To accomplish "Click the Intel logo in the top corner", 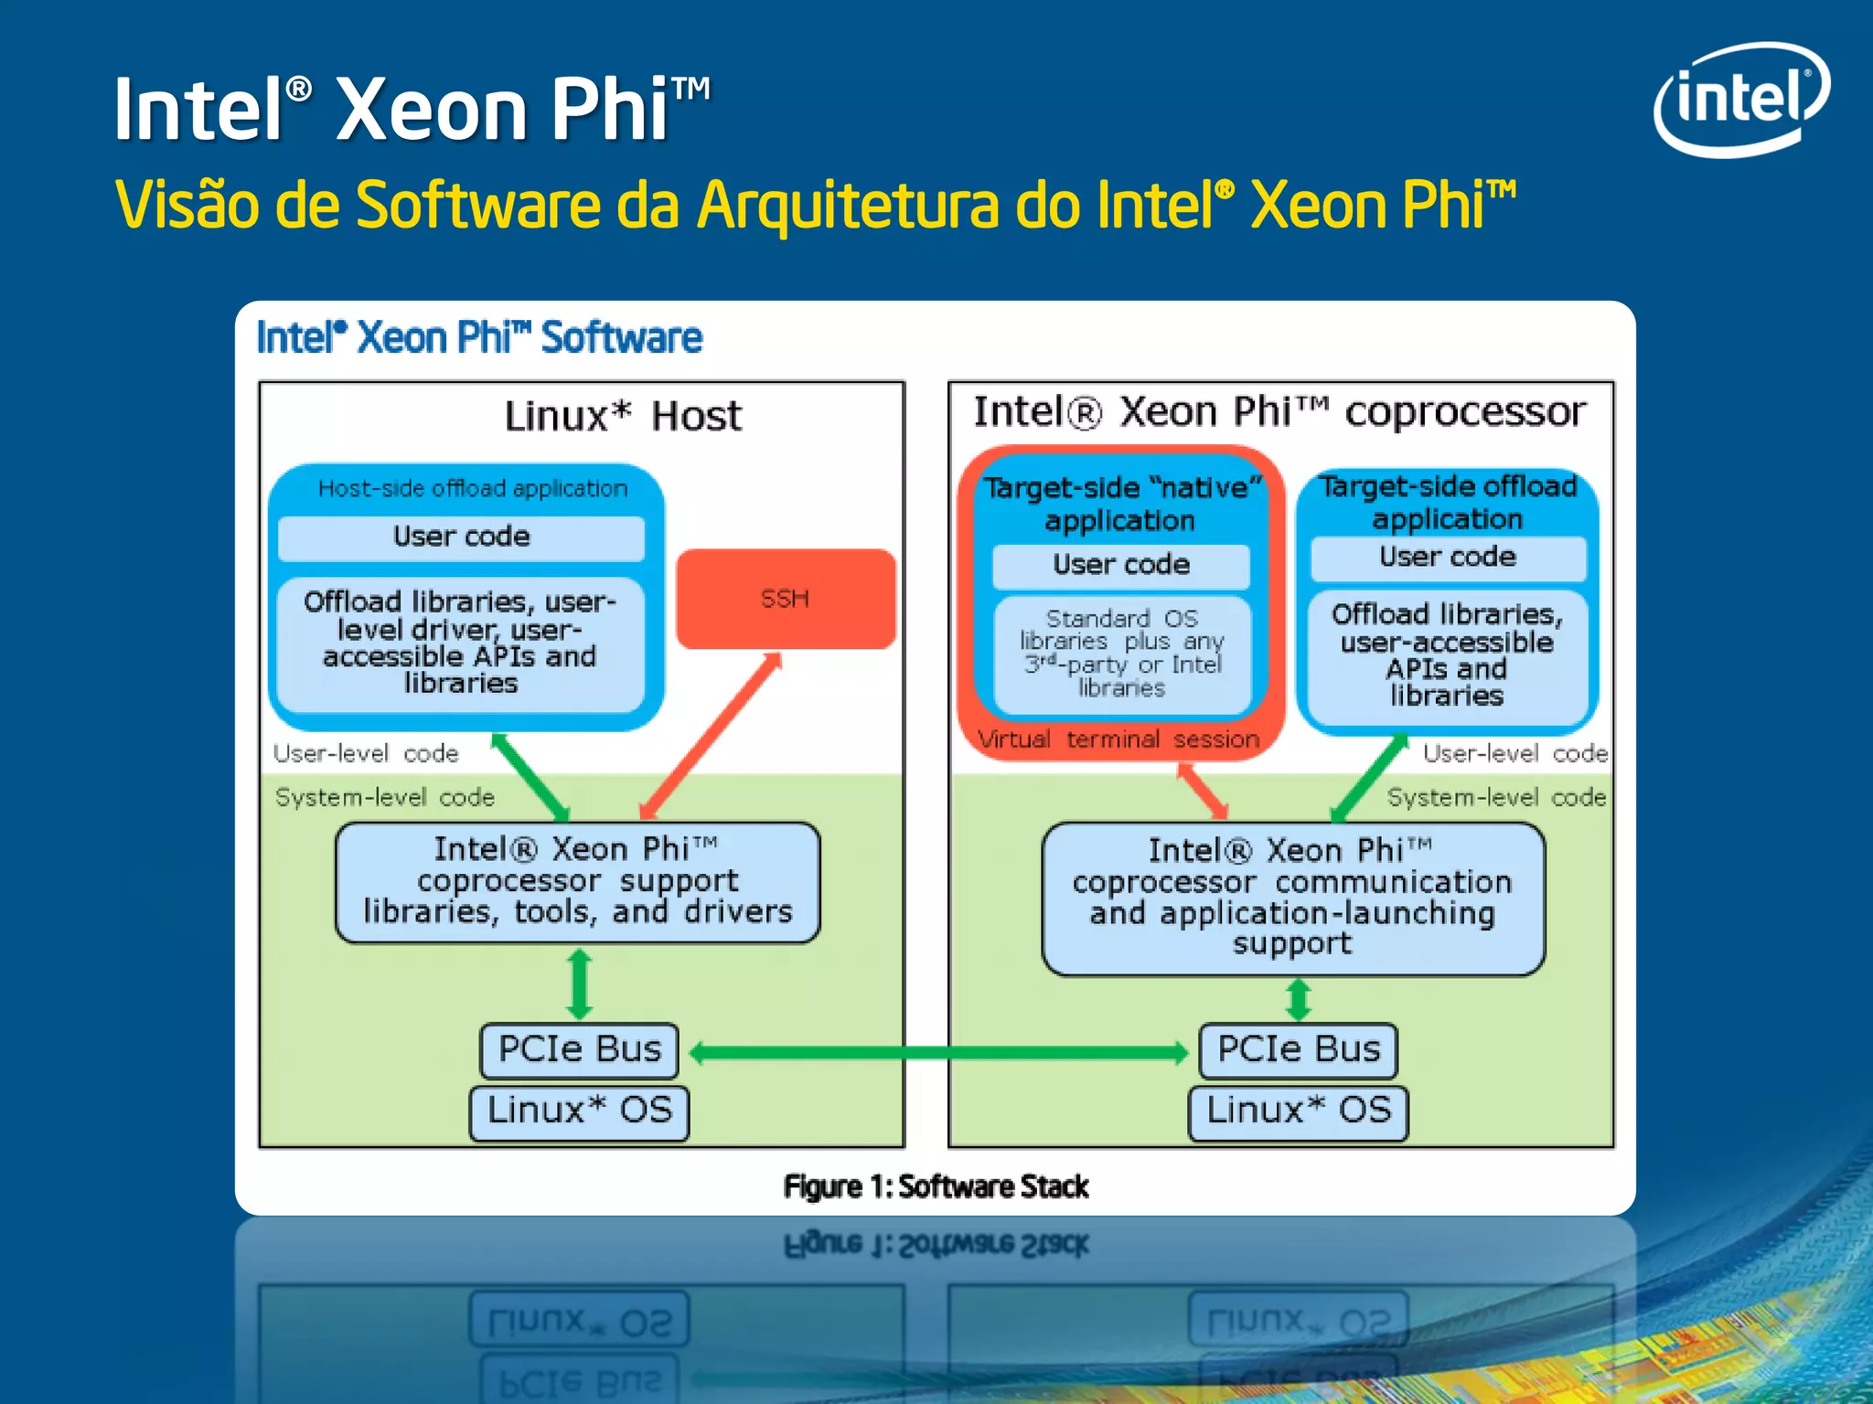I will [1740, 99].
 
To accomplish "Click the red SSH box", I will [785, 599].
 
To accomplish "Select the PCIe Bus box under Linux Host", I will [579, 1049].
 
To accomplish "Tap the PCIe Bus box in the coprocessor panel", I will [1298, 1049].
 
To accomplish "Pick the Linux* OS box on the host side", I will [579, 1111].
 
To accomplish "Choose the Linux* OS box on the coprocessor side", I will [1298, 1111].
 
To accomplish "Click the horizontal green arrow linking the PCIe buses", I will [937, 1053].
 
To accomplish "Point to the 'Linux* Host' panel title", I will [623, 417].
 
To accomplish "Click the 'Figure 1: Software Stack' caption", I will [936, 1186].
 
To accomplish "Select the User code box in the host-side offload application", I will [461, 537].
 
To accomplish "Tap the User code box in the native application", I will [1121, 565].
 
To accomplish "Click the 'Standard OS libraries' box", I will [1122, 654].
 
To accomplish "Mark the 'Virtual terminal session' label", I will [1118, 739].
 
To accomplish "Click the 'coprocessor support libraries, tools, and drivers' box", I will [577, 882].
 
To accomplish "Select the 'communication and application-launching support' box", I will [1292, 898].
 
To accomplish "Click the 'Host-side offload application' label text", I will [473, 489].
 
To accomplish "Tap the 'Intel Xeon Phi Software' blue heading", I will [479, 338].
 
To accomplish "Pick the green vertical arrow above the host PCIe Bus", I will [579, 984].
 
